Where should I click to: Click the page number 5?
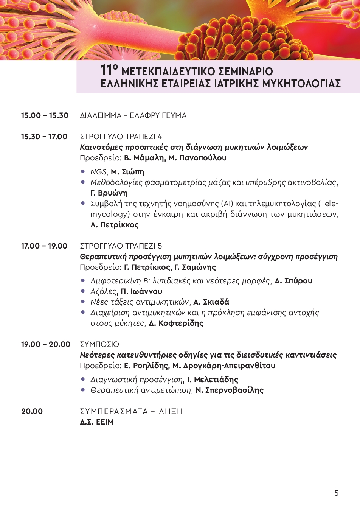point(336,493)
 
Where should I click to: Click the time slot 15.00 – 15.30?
point(45,115)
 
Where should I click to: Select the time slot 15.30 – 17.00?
point(44,137)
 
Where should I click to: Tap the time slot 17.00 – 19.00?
point(44,246)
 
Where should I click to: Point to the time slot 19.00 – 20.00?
point(46,344)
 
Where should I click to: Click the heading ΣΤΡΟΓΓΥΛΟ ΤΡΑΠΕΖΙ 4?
point(121,137)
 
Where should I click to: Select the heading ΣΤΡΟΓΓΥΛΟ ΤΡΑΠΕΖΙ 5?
point(121,246)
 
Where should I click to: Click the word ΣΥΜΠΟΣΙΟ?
point(99,344)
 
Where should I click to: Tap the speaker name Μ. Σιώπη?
point(127,172)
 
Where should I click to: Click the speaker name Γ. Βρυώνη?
point(109,193)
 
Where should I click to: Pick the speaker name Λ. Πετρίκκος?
point(115,225)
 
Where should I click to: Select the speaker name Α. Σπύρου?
point(293,281)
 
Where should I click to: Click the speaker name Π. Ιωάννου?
point(141,291)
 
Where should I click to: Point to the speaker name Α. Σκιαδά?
point(211,302)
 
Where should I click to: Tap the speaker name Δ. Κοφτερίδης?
point(176,323)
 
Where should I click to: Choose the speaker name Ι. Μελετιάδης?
point(213,380)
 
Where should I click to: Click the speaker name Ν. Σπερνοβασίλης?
point(229,390)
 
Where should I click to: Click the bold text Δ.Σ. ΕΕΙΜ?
point(96,422)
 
